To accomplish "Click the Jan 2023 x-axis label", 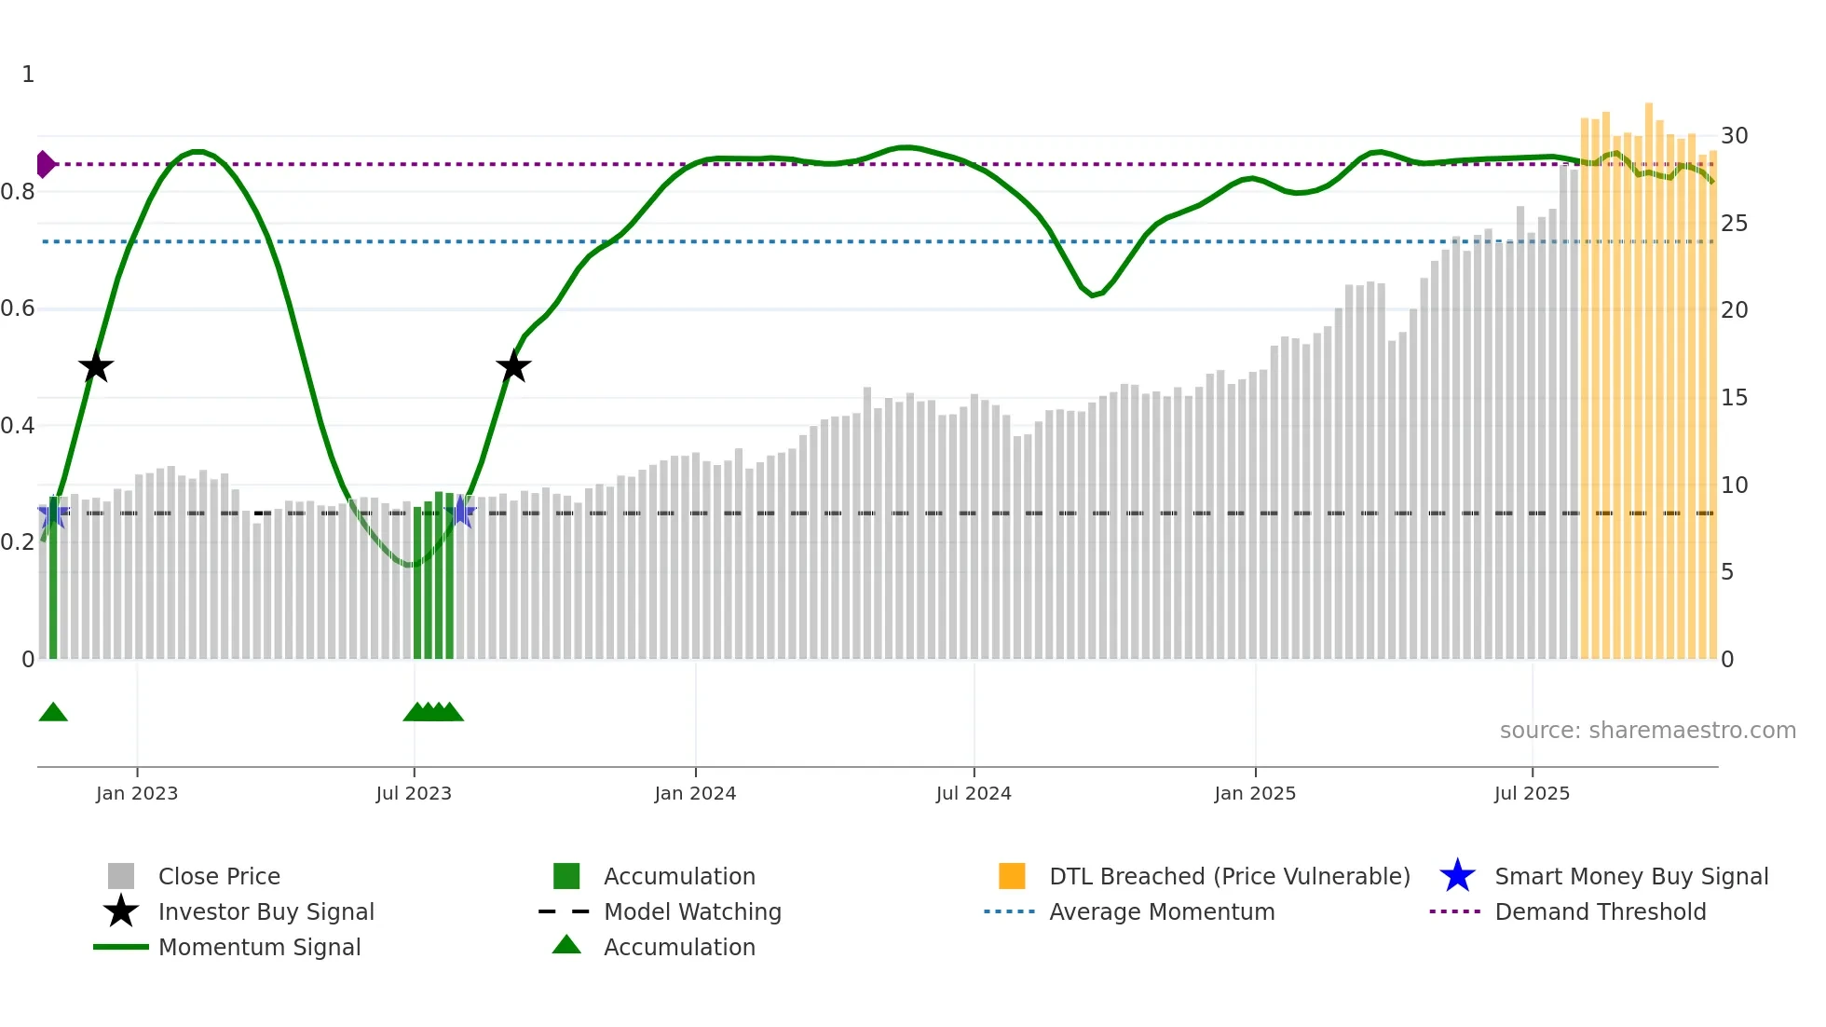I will click(137, 793).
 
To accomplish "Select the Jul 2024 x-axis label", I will click(974, 793).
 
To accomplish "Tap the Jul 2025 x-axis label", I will click(1532, 793).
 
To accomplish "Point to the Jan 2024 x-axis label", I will click(695, 793).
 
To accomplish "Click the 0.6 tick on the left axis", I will click(18, 308).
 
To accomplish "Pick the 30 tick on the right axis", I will click(1734, 136).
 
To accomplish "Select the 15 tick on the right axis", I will click(1734, 398).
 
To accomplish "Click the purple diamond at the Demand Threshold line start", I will click(45, 164).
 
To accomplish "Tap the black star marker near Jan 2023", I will click(95, 366).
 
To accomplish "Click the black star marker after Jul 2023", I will click(513, 366).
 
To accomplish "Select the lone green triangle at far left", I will click(53, 712).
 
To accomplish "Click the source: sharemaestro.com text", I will click(1647, 731).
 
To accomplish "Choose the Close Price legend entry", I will click(219, 876).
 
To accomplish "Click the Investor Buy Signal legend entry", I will click(266, 911).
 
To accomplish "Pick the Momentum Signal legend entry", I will click(259, 947).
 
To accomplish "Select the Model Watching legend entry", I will click(692, 911).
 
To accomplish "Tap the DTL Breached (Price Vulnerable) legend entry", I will click(1229, 876).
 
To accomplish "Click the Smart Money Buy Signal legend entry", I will click(1631, 876).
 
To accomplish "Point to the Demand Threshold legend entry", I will click(1600, 911).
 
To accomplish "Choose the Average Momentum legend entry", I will click(1162, 911).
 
